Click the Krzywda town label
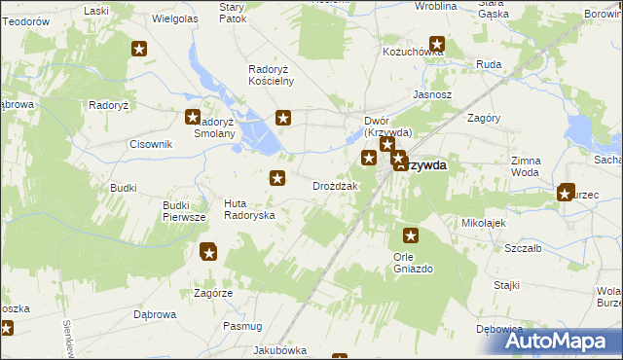(x=424, y=165)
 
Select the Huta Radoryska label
(x=249, y=208)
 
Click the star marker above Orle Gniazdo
(x=411, y=235)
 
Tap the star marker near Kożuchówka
(x=437, y=44)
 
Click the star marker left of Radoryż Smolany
(x=193, y=118)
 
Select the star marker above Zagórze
(x=208, y=253)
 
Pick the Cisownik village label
(x=151, y=144)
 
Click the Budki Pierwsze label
(x=184, y=212)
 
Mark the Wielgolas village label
(x=176, y=18)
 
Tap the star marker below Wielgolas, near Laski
(x=139, y=49)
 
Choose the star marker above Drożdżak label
(x=277, y=177)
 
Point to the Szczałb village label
(x=523, y=249)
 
